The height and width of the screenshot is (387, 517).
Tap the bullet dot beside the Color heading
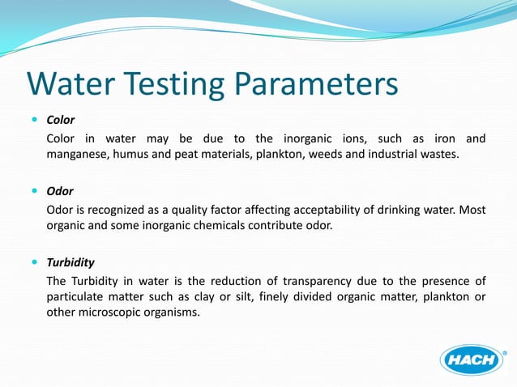pyautogui.click(x=34, y=119)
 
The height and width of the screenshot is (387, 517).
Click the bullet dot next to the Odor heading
pyautogui.click(x=34, y=191)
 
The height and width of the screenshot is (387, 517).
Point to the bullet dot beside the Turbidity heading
pyautogui.click(x=34, y=262)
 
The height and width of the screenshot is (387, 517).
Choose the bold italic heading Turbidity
pyautogui.click(x=70, y=262)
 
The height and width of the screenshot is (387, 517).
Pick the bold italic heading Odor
pyautogui.click(x=60, y=191)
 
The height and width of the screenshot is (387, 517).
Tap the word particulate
pyautogui.click(x=75, y=296)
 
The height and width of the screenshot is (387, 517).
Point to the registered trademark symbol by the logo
pyautogui.click(x=506, y=352)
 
